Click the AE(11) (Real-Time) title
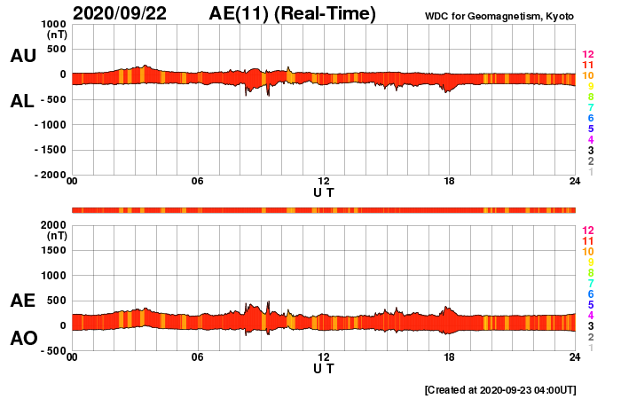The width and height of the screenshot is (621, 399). pos(293,13)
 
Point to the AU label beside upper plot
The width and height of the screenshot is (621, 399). pos(23,56)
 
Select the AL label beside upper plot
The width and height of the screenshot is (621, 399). pos(23,101)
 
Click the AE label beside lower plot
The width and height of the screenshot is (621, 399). pos(23,301)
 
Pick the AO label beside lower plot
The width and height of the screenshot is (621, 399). pos(23,338)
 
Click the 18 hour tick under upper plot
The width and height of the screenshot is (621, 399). pos(450,182)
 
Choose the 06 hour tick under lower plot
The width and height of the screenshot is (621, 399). pos(198,357)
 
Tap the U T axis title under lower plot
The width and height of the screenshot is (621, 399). pos(324,367)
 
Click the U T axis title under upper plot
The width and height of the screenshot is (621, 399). pos(324,192)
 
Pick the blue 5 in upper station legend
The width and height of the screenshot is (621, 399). pos(587,129)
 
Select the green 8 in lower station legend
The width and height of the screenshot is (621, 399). pos(587,272)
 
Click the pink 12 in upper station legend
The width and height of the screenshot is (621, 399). pos(587,54)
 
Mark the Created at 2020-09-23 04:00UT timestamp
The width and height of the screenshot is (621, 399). pos(501,389)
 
